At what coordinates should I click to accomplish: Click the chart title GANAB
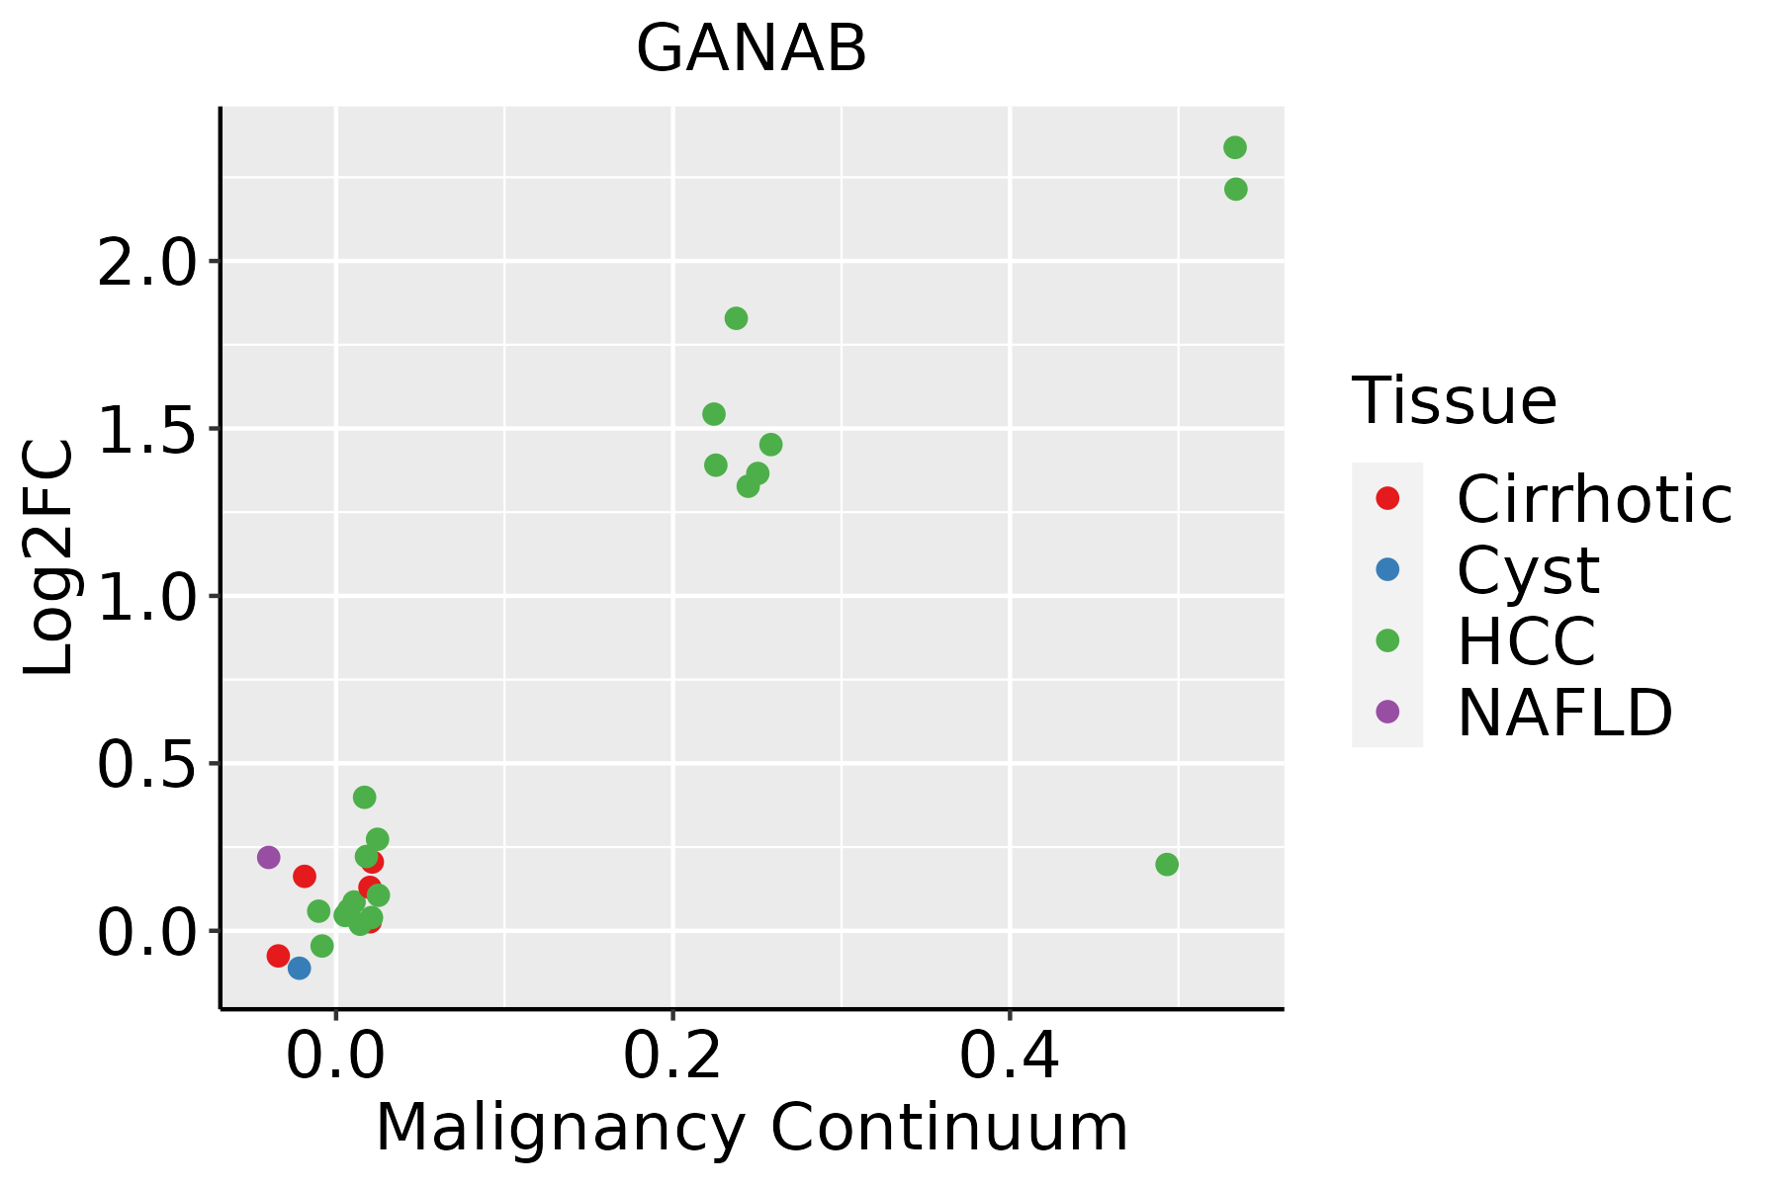(752, 49)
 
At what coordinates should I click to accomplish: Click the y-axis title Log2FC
(49, 557)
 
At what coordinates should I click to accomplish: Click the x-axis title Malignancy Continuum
(752, 1128)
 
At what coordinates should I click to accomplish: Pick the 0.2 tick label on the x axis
(672, 1056)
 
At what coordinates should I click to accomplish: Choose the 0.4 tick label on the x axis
(1010, 1056)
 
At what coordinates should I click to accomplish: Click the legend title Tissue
(1454, 401)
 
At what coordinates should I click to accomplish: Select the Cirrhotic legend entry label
(1594, 499)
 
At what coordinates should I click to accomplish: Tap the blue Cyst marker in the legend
(1387, 569)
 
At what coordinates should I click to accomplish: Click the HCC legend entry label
(1526, 640)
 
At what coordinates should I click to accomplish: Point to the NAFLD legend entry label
(1564, 712)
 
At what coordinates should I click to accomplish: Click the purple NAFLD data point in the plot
(268, 857)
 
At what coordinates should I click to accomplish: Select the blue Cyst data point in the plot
(299, 968)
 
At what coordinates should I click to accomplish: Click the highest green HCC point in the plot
(1234, 148)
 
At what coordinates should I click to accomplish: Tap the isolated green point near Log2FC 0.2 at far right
(1167, 865)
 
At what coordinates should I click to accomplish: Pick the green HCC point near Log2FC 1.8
(736, 318)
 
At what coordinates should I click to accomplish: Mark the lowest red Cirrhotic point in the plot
(278, 956)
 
